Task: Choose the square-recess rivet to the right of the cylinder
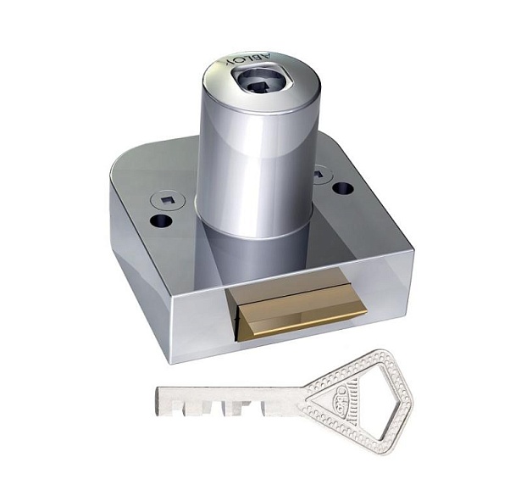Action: click(x=319, y=175)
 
